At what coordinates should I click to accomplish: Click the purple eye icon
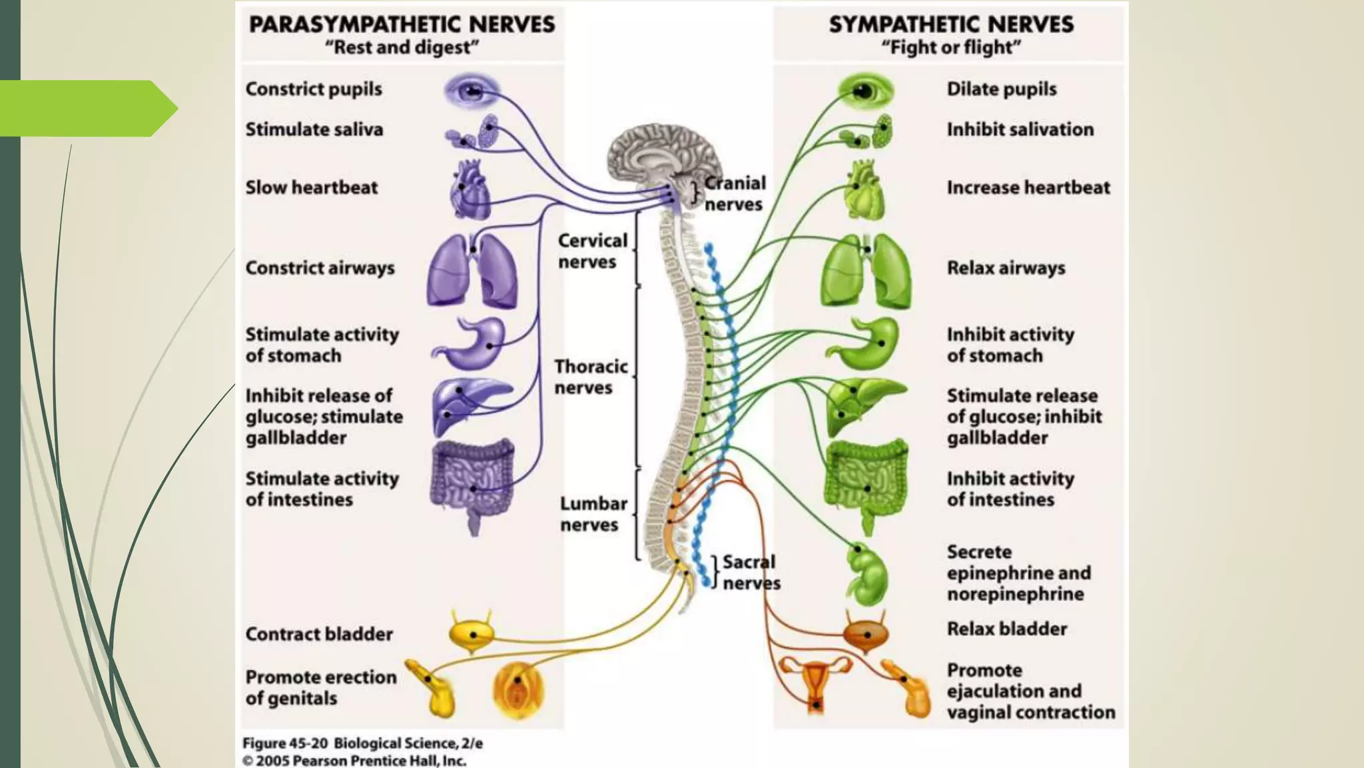(x=472, y=90)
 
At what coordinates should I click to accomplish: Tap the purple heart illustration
(x=470, y=189)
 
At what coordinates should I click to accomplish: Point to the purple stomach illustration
(x=474, y=344)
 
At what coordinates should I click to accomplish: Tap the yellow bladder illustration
(x=472, y=633)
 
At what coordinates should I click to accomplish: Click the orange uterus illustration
(x=816, y=683)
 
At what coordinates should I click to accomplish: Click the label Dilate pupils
(x=1001, y=89)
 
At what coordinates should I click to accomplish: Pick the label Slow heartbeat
(x=311, y=188)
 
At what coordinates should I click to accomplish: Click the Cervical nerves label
(x=591, y=251)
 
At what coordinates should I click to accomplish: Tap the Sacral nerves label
(x=751, y=572)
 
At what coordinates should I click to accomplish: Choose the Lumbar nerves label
(x=593, y=514)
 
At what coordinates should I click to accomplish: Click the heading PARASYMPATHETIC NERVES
(x=402, y=25)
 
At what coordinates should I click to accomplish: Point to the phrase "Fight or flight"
(x=950, y=48)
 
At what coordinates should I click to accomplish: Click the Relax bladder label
(x=1006, y=629)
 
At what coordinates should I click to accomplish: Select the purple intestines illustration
(x=473, y=481)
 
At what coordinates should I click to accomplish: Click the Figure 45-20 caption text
(x=362, y=743)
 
